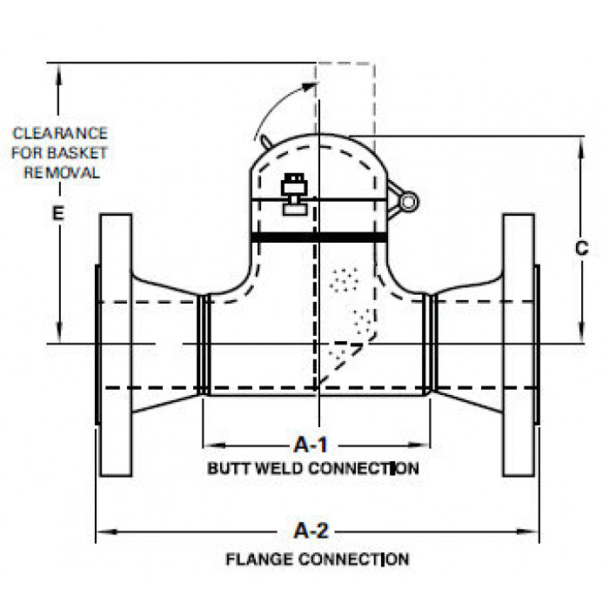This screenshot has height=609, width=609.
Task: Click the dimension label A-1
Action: tap(311, 445)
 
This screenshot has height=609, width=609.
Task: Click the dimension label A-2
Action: tap(311, 531)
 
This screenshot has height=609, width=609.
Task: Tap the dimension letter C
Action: tap(581, 248)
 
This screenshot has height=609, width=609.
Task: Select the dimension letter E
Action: tap(58, 213)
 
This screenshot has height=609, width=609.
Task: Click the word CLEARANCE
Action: tap(60, 133)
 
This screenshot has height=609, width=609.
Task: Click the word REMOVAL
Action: tap(62, 172)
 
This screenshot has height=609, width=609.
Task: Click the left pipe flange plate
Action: tap(116, 345)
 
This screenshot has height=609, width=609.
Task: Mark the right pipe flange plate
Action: tap(519, 345)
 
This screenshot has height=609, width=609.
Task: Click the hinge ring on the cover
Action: tap(409, 202)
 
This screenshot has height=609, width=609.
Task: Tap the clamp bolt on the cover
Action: tap(294, 194)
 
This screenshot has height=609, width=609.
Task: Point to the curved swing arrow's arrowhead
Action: tap(309, 87)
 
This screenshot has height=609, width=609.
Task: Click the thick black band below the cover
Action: tap(319, 238)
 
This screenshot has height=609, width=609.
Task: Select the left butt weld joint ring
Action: tap(204, 345)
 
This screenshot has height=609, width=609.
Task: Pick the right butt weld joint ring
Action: tap(430, 345)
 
